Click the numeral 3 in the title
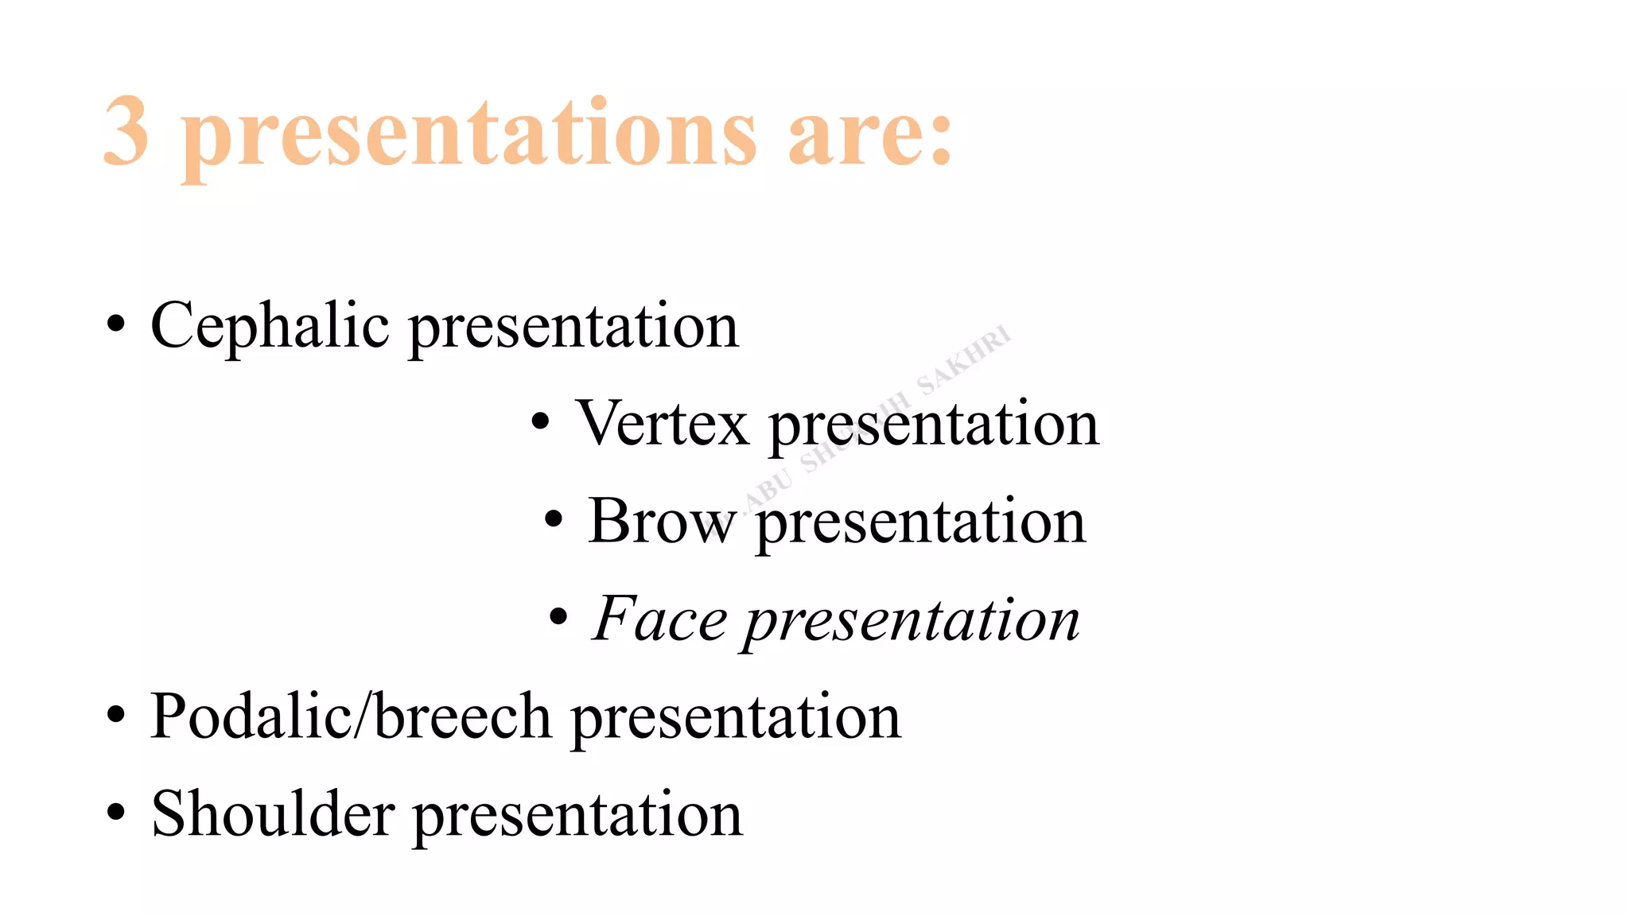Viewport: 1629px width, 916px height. pyautogui.click(x=126, y=131)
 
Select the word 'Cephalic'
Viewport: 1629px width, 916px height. pyautogui.click(x=270, y=326)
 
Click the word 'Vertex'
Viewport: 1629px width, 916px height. pyautogui.click(x=663, y=423)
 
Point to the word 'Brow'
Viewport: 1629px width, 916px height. pyautogui.click(x=661, y=521)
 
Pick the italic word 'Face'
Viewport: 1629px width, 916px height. pyautogui.click(x=659, y=619)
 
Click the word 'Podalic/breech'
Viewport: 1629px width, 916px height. pyautogui.click(x=351, y=716)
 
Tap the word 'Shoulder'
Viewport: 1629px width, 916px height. pyautogui.click(x=273, y=813)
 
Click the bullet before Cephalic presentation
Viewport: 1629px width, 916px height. pyautogui.click(x=116, y=324)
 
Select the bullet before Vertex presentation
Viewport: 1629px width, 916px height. pyautogui.click(x=541, y=422)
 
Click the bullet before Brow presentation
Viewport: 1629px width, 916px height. pyautogui.click(x=554, y=520)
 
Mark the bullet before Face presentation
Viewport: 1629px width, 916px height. pyautogui.click(x=559, y=617)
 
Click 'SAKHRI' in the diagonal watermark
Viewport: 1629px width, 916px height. pyautogui.click(x=964, y=360)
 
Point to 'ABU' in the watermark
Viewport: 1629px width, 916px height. pyautogui.click(x=769, y=487)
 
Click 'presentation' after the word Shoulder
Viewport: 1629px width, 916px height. pyautogui.click(x=578, y=815)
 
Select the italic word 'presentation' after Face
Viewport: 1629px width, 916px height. pyautogui.click(x=912, y=620)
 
